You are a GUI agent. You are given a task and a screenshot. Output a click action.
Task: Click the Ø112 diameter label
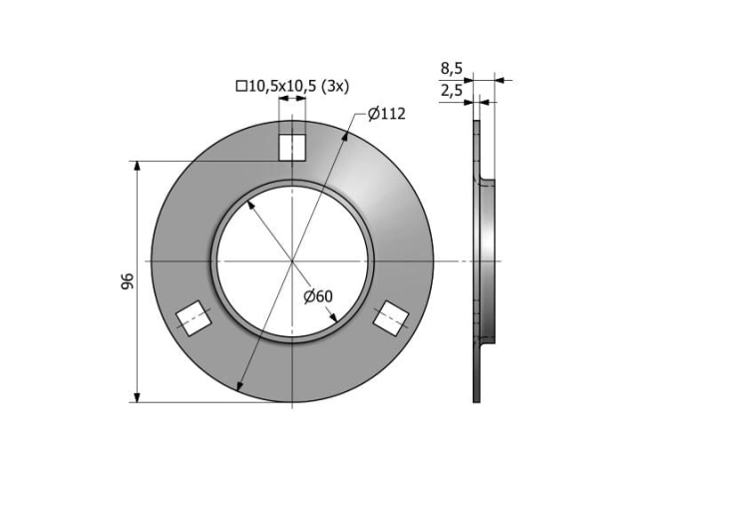tap(386, 114)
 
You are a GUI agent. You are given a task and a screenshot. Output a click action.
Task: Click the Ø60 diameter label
tap(318, 296)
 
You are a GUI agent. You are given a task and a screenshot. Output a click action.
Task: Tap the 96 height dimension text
tap(128, 282)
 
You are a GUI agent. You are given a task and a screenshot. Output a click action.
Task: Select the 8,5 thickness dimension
tap(451, 69)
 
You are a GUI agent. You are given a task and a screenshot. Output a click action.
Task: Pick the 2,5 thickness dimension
tap(451, 91)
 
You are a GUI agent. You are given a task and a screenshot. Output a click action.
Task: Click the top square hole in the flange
tap(291, 148)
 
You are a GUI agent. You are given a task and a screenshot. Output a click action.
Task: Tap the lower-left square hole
tap(193, 318)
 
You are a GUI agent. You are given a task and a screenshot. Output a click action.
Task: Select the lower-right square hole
tap(391, 318)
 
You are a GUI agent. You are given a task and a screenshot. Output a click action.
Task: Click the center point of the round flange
tap(292, 261)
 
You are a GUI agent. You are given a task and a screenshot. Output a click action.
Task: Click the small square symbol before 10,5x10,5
tap(240, 86)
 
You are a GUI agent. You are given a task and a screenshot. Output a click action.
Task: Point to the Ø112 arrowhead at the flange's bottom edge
tap(238, 387)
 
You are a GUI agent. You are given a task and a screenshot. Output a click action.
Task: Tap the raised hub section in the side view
tap(487, 261)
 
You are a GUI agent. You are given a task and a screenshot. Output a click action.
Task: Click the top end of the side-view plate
tap(477, 123)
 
